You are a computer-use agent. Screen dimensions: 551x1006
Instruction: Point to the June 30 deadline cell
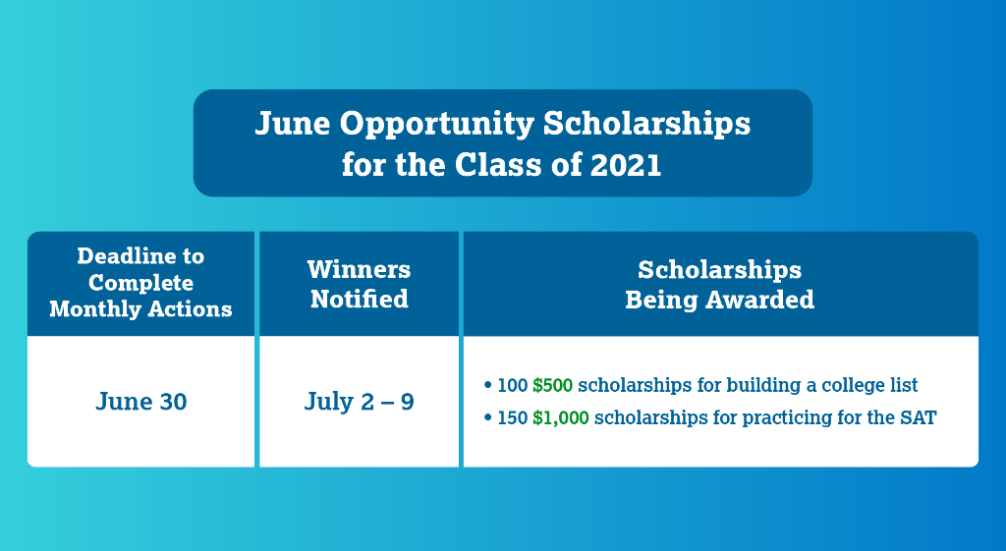pos(141,402)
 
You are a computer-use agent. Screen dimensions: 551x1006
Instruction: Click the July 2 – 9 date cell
pos(359,402)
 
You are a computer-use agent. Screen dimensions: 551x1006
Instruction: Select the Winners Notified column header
pos(359,284)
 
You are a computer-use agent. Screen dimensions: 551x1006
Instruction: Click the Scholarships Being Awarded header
pos(720,284)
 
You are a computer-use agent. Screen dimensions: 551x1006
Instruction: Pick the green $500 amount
pos(553,386)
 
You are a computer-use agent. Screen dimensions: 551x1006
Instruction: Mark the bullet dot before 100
pos(488,386)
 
